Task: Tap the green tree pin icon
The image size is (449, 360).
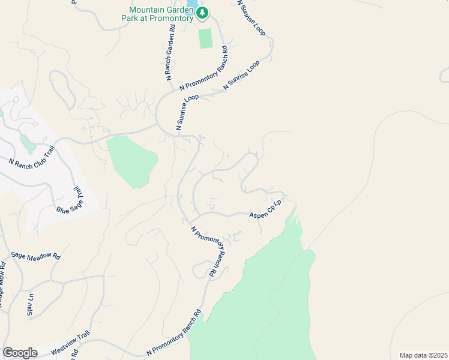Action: (203, 13)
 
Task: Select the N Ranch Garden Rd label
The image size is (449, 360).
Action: (170, 52)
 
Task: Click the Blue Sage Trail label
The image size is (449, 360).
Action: (69, 201)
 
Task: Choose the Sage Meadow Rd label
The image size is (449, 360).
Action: (36, 256)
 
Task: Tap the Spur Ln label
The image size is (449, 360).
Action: (30, 304)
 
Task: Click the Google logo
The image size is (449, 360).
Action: (20, 353)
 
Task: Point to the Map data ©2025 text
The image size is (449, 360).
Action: (423, 355)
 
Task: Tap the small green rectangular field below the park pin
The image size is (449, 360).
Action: (206, 38)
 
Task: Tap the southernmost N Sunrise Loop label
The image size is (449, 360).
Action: (187, 112)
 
